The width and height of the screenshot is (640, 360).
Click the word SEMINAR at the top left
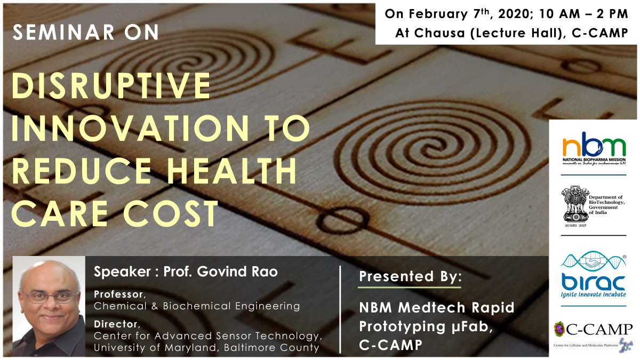pos(63,32)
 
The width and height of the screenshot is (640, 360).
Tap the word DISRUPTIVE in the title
pos(111,86)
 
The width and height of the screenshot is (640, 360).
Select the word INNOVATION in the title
pos(130,129)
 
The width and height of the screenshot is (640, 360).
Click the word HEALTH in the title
pos(232,171)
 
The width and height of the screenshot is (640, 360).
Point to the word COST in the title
pos(171,213)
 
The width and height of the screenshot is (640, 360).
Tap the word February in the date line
pos(438,14)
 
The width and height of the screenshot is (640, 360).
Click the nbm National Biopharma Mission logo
pos(594,148)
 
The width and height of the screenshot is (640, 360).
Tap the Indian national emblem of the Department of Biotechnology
pos(575,206)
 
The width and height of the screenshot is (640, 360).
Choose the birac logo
pos(594,274)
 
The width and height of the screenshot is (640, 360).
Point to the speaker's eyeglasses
pos(50,297)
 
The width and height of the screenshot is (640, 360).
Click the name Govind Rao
pos(237,271)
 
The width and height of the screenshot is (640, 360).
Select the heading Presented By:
pos(410,277)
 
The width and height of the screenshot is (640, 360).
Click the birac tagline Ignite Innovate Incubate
pos(594,294)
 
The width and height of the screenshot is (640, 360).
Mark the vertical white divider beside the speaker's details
pos(340,309)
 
